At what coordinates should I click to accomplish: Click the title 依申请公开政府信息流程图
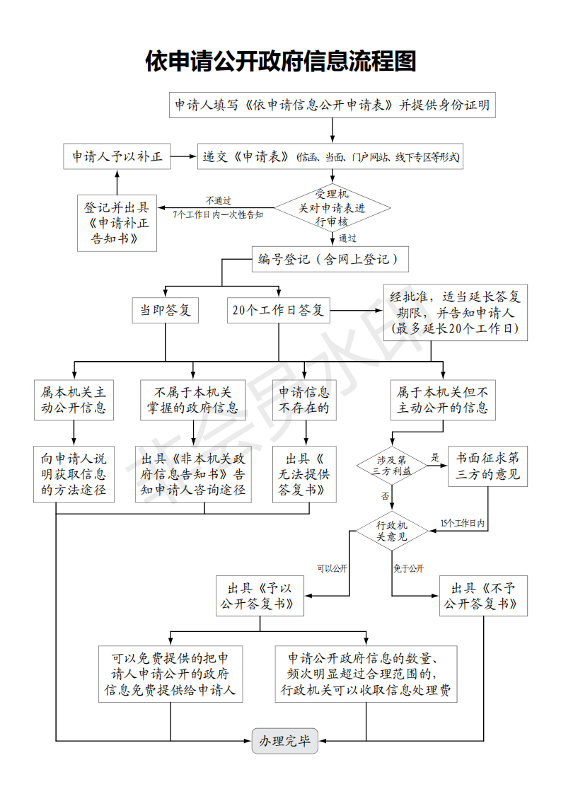(x=280, y=62)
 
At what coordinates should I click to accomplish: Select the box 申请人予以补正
(x=117, y=156)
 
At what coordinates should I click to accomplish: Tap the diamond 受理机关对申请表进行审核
(x=332, y=207)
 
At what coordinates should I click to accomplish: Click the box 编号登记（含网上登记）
(x=330, y=260)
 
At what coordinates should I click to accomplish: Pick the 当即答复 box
(x=166, y=310)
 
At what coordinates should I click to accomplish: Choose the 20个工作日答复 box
(x=278, y=310)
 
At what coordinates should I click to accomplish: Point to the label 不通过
(x=219, y=200)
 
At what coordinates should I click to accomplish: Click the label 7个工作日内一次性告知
(x=218, y=214)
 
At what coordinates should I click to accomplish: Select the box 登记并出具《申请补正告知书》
(x=117, y=224)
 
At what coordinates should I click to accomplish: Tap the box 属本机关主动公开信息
(x=74, y=400)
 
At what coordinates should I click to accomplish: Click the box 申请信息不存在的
(x=304, y=400)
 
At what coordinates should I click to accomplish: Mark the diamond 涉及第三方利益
(x=392, y=465)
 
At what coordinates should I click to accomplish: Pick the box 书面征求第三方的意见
(x=487, y=465)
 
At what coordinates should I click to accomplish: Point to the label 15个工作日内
(x=462, y=524)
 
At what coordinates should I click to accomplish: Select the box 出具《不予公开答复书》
(x=484, y=596)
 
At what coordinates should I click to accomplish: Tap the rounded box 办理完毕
(x=284, y=741)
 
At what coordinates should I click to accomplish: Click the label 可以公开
(x=331, y=568)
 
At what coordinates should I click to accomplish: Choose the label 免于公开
(x=408, y=568)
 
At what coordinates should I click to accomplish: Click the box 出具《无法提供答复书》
(x=304, y=474)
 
